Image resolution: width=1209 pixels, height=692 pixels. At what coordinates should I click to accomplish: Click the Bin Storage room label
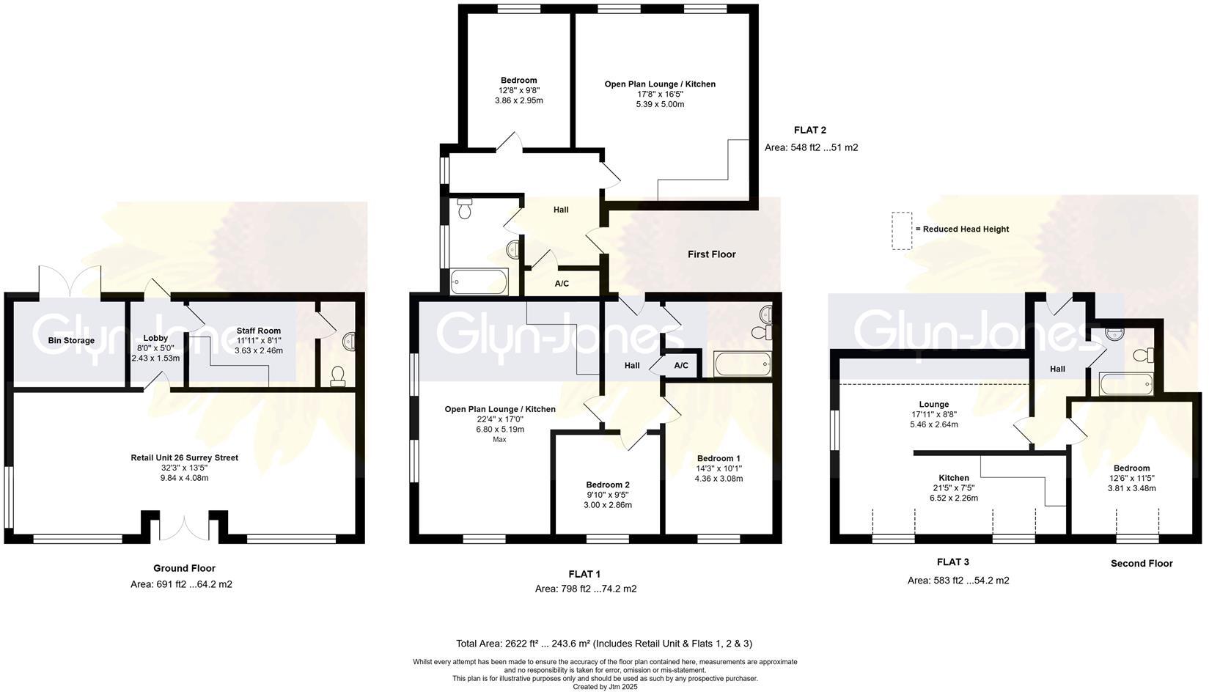(x=71, y=341)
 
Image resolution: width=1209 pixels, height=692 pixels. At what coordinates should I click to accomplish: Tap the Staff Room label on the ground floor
(x=258, y=331)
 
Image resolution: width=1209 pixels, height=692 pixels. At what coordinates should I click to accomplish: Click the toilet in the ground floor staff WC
(x=338, y=377)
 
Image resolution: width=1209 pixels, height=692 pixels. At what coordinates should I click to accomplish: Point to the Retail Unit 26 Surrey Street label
(x=184, y=458)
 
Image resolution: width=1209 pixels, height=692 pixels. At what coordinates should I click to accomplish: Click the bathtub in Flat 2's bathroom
(x=479, y=281)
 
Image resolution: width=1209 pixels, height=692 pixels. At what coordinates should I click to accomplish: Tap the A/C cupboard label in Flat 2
(x=562, y=284)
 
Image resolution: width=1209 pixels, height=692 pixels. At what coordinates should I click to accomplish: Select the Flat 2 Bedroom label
(x=518, y=81)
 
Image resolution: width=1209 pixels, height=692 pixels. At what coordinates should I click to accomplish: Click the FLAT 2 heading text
(x=809, y=130)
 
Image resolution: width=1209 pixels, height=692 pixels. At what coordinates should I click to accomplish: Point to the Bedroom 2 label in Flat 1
(x=607, y=485)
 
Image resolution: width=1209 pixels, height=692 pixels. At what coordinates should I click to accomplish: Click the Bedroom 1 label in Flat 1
(x=718, y=459)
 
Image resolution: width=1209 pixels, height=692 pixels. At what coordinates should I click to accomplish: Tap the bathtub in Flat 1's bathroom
(x=742, y=364)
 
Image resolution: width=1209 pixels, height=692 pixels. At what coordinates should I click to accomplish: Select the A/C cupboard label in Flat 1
(x=680, y=365)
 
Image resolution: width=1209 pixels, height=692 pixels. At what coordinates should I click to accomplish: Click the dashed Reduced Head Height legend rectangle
(x=901, y=231)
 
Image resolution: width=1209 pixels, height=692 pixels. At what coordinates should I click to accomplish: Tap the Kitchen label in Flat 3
(x=953, y=478)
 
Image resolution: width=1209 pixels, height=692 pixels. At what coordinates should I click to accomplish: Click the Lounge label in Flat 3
(x=933, y=405)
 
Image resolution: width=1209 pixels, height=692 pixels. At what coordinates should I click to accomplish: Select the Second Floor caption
(x=1141, y=564)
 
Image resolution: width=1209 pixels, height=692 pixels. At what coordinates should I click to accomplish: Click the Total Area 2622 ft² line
(x=603, y=644)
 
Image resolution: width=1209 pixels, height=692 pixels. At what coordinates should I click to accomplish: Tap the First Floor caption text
(x=711, y=254)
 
